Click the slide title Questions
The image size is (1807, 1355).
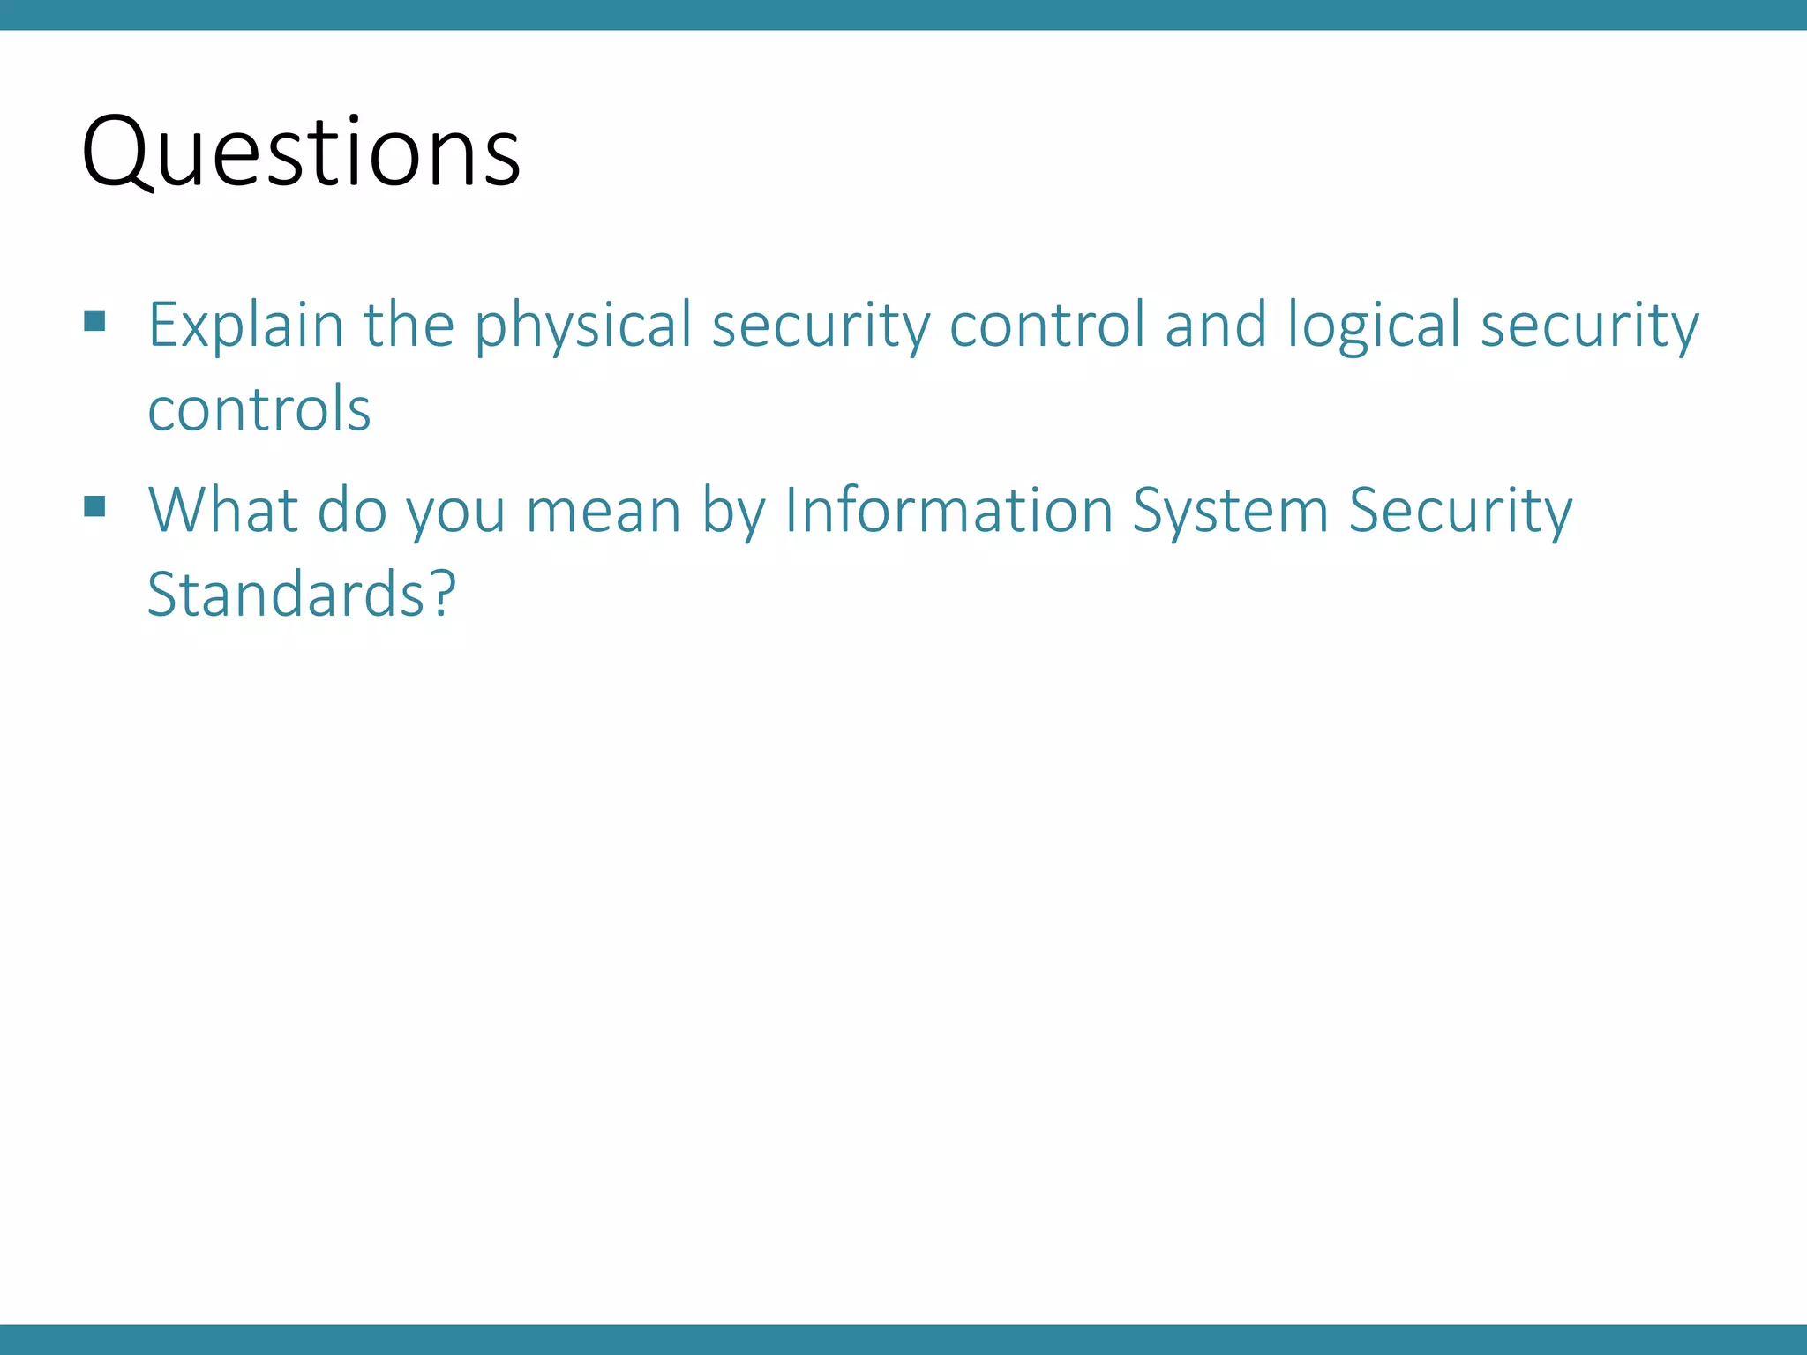301,152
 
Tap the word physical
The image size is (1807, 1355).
583,325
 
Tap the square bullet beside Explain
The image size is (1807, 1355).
95,320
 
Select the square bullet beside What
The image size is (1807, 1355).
95,506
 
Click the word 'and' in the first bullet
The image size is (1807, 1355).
1216,325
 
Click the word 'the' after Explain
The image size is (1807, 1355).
409,325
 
